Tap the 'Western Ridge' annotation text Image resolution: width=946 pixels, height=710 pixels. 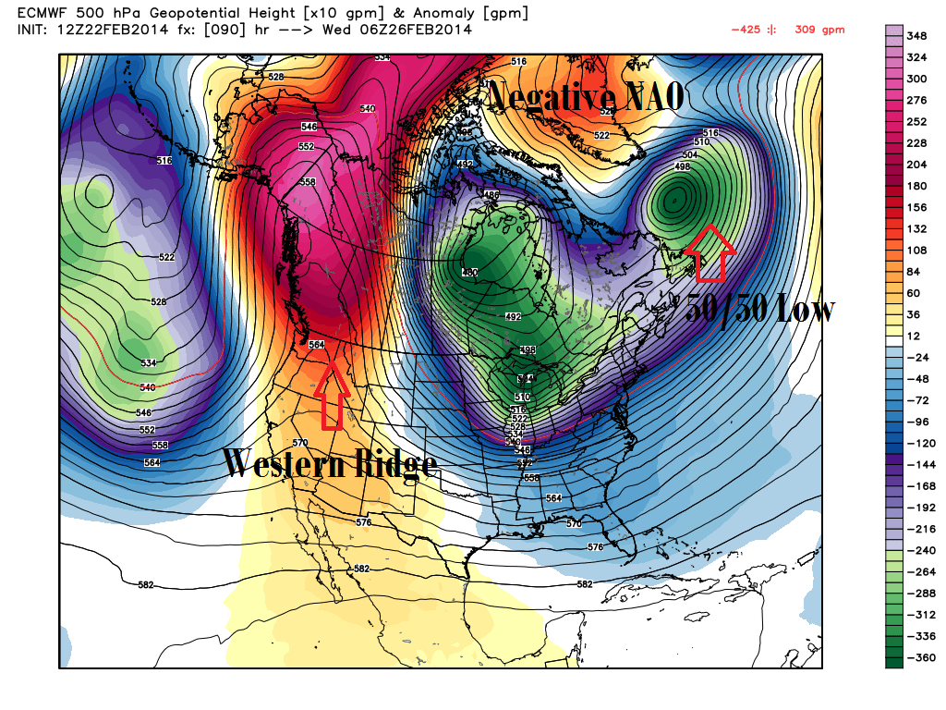[328, 464]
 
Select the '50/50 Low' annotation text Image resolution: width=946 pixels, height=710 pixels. [759, 310]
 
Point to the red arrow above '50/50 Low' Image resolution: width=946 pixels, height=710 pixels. [710, 251]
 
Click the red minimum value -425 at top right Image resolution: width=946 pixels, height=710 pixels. [746, 30]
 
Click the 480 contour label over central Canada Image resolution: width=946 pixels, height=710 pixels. [469, 272]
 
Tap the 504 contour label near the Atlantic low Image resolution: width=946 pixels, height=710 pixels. [688, 155]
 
